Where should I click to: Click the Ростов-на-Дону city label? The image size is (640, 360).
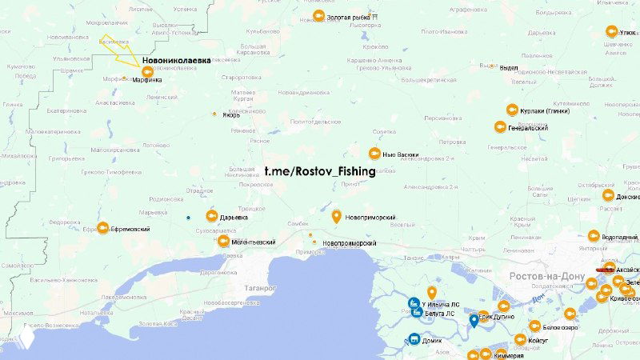[548, 276]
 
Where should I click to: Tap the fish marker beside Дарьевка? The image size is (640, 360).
[210, 216]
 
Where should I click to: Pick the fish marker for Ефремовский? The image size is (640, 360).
[102, 229]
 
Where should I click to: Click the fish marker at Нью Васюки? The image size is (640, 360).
[374, 153]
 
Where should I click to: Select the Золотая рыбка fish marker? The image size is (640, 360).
[318, 16]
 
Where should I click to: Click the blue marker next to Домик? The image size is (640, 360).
[414, 338]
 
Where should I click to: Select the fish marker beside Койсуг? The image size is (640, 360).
[521, 338]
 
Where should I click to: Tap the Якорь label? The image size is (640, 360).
[230, 114]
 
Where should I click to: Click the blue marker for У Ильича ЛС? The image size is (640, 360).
[414, 303]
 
